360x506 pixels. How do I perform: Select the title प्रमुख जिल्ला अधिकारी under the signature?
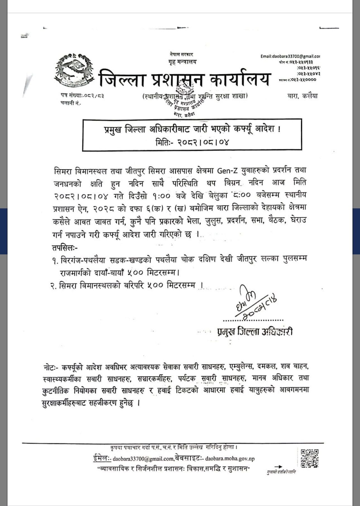coord(255,332)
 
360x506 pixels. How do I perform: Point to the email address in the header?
coord(290,56)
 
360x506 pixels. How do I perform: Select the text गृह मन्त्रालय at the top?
coord(180,62)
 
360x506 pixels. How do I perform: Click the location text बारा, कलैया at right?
coord(303,96)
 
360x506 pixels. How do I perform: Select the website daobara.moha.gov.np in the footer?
coord(230,458)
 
